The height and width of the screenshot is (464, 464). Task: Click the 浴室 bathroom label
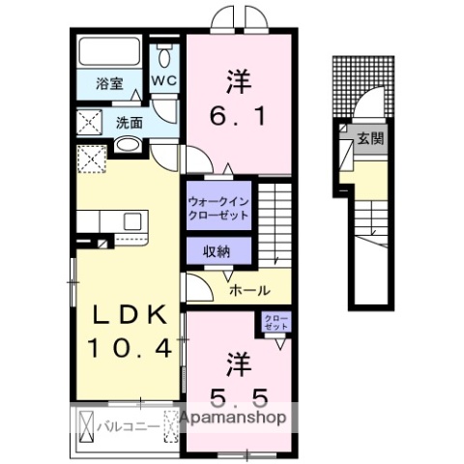109,84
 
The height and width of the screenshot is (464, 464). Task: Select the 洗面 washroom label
130,123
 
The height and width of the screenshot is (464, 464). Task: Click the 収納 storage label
217,251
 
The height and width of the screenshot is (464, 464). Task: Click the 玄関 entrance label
370,138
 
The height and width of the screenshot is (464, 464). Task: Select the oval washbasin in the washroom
128,147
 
